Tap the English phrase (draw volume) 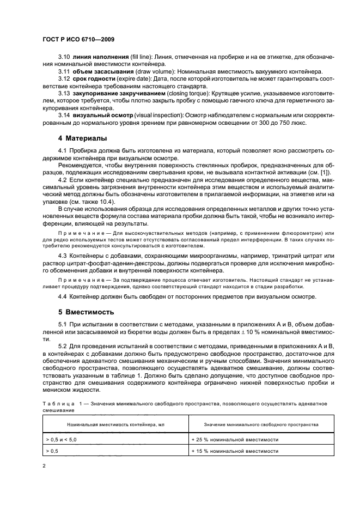coord(150,72)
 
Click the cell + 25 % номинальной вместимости coord(235,439)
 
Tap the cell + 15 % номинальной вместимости coord(235,452)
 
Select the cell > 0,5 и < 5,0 coord(62,439)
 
